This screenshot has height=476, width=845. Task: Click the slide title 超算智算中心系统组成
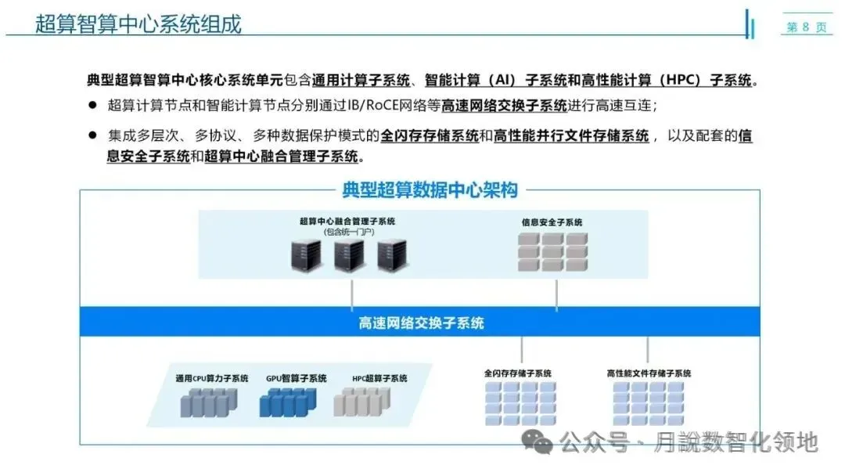coord(138,23)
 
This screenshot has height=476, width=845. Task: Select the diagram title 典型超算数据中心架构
coord(430,189)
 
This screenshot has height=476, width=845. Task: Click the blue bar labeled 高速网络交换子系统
coord(421,323)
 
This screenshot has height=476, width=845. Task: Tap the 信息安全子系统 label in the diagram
coord(552,222)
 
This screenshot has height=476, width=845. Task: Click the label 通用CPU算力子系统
coord(212,379)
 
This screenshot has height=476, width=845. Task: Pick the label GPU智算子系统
coord(296,379)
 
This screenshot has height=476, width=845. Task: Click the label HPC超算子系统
coord(379,379)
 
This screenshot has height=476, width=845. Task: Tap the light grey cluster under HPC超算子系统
coord(361,402)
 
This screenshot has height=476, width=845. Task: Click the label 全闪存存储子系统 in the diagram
coord(518,373)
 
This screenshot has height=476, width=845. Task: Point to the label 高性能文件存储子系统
coord(649,373)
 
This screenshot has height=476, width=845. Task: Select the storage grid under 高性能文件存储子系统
coord(649,403)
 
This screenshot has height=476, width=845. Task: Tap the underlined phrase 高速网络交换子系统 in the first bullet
coord(505,106)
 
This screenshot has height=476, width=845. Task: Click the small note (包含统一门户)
coord(349,233)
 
